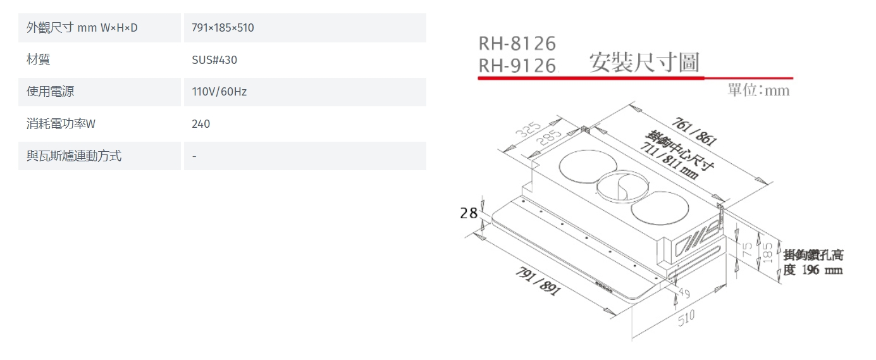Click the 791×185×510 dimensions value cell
[x=223, y=28]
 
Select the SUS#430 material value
[x=214, y=60]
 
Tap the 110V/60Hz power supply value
[x=219, y=92]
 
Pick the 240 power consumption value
[x=200, y=124]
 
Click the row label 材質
[x=39, y=59]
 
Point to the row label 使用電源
[x=50, y=92]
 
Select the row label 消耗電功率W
[x=61, y=123]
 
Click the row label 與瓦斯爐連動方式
[x=74, y=156]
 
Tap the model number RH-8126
[x=517, y=44]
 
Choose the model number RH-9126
[x=517, y=65]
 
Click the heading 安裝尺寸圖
[x=644, y=63]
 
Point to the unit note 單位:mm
[x=758, y=90]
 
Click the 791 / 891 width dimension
[x=538, y=281]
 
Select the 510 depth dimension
[x=686, y=318]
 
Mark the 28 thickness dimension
[x=469, y=213]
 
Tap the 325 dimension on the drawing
[x=528, y=129]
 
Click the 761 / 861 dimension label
[x=694, y=132]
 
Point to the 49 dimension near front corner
[x=684, y=293]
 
